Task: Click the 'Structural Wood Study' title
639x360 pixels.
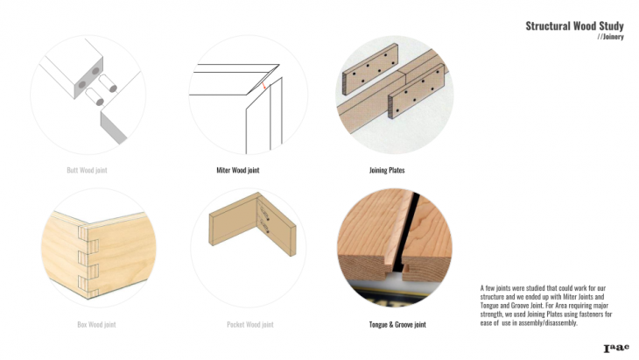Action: click(574, 26)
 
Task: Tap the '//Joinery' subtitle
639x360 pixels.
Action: click(610, 37)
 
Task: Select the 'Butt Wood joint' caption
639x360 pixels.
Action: click(87, 170)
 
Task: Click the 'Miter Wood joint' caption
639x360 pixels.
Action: click(237, 170)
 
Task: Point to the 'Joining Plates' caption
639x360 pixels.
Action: click(387, 170)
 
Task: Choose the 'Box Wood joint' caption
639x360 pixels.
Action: click(96, 325)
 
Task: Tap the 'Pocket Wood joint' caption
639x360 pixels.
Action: click(250, 325)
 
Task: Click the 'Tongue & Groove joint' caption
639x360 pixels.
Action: click(397, 325)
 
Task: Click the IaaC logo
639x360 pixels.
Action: click(616, 348)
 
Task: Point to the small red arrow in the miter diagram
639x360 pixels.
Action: click(264, 86)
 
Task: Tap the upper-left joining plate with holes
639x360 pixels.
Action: click(370, 69)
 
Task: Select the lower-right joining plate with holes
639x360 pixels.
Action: click(416, 91)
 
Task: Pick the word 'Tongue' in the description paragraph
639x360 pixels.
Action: click(489, 306)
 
